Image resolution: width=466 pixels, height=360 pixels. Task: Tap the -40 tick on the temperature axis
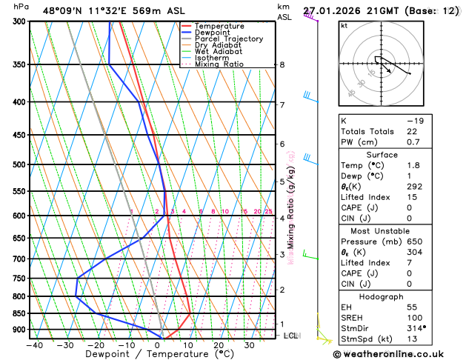click(34, 344)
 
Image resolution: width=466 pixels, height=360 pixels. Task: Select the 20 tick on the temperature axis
click(219, 344)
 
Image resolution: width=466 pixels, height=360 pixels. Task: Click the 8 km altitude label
click(282, 64)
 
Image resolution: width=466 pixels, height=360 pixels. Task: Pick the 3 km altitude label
click(282, 255)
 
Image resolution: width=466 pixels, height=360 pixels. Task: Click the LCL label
click(290, 336)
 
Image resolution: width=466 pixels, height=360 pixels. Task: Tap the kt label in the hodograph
click(344, 25)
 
